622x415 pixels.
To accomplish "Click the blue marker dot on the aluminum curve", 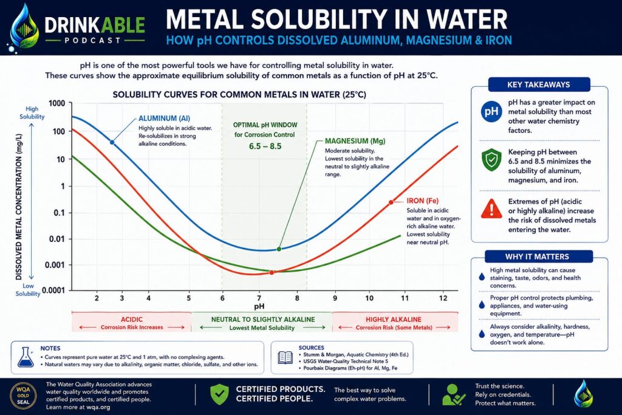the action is pos(112,142).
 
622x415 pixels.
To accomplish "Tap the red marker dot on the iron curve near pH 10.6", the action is pos(391,202).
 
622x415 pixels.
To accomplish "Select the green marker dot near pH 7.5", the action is pos(279,249).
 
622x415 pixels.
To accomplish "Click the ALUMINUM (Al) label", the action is pos(164,118).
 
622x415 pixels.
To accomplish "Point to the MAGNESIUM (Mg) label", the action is pos(355,141).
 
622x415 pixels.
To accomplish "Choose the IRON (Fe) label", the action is pos(423,201).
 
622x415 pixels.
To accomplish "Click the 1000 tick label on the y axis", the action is pos(56,103).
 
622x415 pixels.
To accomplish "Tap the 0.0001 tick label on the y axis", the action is pos(53,290).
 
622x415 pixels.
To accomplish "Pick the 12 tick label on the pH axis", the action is pos(443,298).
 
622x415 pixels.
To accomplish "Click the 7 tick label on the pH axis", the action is pos(259,298).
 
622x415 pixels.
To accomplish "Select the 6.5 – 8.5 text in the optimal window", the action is pos(265,146).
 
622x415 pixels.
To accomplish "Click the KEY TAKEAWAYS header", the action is pos(538,84).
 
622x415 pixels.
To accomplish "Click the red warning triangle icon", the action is pos(491,208).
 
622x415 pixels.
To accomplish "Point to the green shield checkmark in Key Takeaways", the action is pos(491,160).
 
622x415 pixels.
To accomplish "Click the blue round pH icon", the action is pos(491,111).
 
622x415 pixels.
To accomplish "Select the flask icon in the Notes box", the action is pos(26,357).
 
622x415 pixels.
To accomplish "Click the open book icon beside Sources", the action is pos(285,357).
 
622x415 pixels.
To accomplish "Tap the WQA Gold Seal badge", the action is pos(23,395).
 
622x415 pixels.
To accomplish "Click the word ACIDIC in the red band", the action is pos(132,320).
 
